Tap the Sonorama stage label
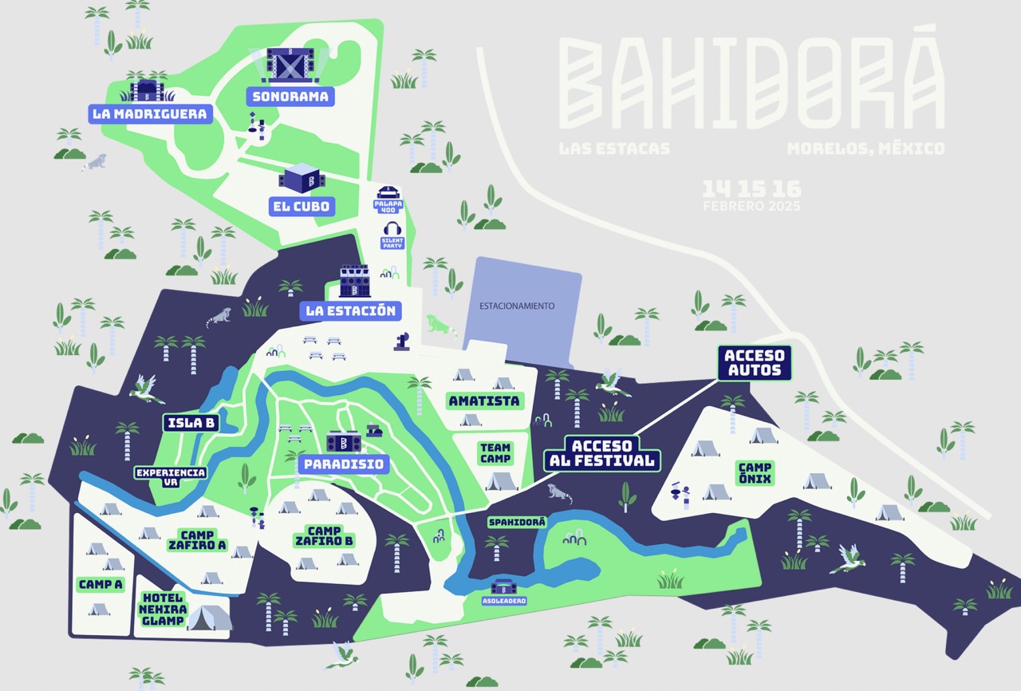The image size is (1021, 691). coord(290,97)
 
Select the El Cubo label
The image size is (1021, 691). coord(299,207)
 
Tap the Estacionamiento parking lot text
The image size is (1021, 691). coord(516,306)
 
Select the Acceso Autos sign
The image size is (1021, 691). coord(754,362)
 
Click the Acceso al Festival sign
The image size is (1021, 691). coord(602,453)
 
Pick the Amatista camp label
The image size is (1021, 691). coord(483,401)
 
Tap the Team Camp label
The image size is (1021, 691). coord(495,453)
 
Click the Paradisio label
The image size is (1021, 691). coord(342,464)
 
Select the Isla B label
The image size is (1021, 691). coord(191,423)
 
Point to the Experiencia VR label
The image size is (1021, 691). coord(170,477)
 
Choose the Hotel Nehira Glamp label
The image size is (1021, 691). coord(163,610)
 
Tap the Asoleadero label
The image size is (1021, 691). coord(503,601)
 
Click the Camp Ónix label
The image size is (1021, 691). coord(754,473)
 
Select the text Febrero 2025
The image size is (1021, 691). coord(751,207)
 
